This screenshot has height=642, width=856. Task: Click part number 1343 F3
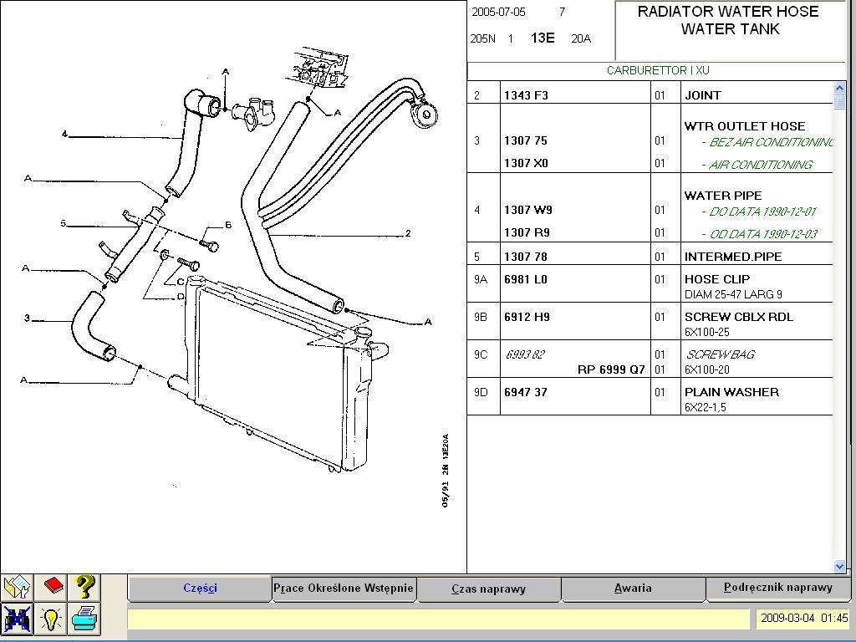click(x=526, y=95)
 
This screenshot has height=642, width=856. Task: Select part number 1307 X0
click(x=526, y=164)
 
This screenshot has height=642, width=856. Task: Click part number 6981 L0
click(x=526, y=279)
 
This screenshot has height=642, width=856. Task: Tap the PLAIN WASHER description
click(x=731, y=392)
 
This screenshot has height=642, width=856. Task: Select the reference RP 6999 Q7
click(x=611, y=369)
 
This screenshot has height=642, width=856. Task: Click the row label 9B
click(x=481, y=317)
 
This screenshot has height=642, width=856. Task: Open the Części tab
click(x=200, y=588)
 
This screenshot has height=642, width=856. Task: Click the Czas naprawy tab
click(x=488, y=588)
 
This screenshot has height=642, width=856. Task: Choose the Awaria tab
click(x=633, y=588)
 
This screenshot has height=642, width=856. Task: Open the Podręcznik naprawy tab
click(x=778, y=588)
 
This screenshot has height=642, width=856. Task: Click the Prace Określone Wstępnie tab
click(x=344, y=588)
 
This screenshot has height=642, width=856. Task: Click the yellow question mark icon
click(x=84, y=587)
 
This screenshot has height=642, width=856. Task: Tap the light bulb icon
click(x=51, y=619)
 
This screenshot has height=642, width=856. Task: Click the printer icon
click(x=84, y=619)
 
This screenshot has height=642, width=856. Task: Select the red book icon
click(x=53, y=585)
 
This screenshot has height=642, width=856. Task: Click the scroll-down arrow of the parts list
click(x=840, y=566)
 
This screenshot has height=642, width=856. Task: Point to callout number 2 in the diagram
click(x=407, y=234)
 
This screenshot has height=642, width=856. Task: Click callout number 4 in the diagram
click(x=64, y=135)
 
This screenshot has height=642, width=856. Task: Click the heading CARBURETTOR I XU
click(x=658, y=71)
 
